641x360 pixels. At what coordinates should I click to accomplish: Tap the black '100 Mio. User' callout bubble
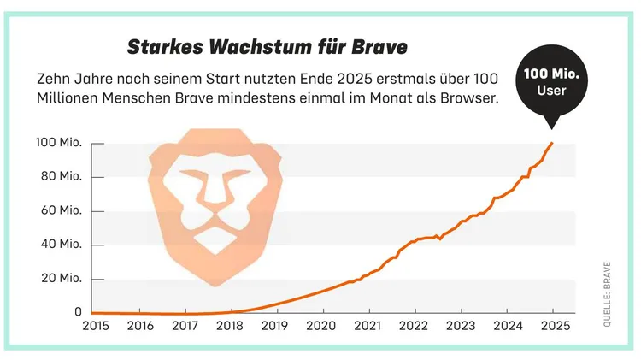point(551,83)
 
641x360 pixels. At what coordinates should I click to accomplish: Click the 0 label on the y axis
point(77,312)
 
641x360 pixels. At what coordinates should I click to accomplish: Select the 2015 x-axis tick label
point(95,326)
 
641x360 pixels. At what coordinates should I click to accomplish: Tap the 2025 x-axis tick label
point(552,326)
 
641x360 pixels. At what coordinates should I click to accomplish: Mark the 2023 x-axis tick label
point(461,326)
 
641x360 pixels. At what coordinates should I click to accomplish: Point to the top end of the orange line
point(552,143)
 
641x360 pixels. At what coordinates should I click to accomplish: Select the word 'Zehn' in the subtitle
point(56,78)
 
